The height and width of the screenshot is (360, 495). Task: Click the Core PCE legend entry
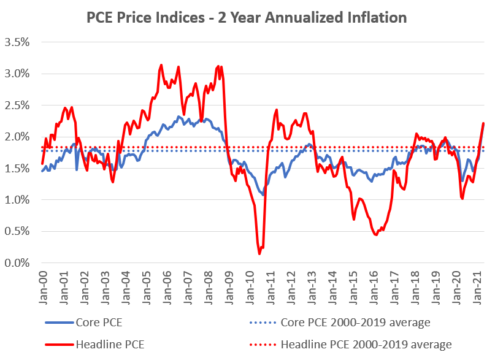click(x=98, y=322)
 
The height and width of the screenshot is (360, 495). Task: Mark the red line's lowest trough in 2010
click(x=259, y=253)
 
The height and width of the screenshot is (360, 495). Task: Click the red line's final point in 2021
click(x=483, y=123)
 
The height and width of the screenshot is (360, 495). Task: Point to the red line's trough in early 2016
click(x=375, y=234)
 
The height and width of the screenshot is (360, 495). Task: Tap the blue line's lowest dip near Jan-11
click(x=263, y=195)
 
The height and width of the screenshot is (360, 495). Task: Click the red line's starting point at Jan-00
click(x=42, y=164)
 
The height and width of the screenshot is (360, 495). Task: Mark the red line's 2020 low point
click(x=462, y=199)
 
